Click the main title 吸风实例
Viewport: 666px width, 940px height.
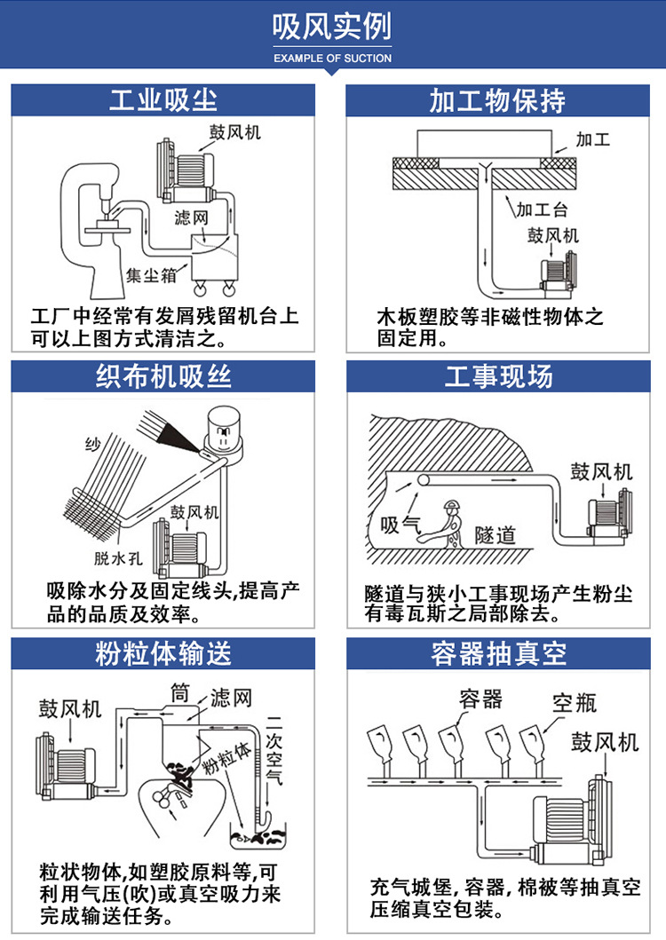coord(332,29)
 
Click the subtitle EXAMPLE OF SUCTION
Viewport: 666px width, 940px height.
coord(332,59)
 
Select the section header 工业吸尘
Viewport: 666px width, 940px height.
coord(163,99)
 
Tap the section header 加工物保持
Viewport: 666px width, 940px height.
coord(497,99)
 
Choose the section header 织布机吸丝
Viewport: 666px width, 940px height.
coord(163,376)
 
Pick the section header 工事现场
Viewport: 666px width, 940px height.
coord(497,376)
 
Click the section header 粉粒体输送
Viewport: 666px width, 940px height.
coord(163,654)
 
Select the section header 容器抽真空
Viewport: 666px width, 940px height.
coord(497,654)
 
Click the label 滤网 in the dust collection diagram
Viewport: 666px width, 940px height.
coord(192,217)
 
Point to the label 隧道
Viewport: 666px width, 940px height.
coord(496,535)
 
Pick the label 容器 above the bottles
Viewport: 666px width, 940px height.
coord(481,699)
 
